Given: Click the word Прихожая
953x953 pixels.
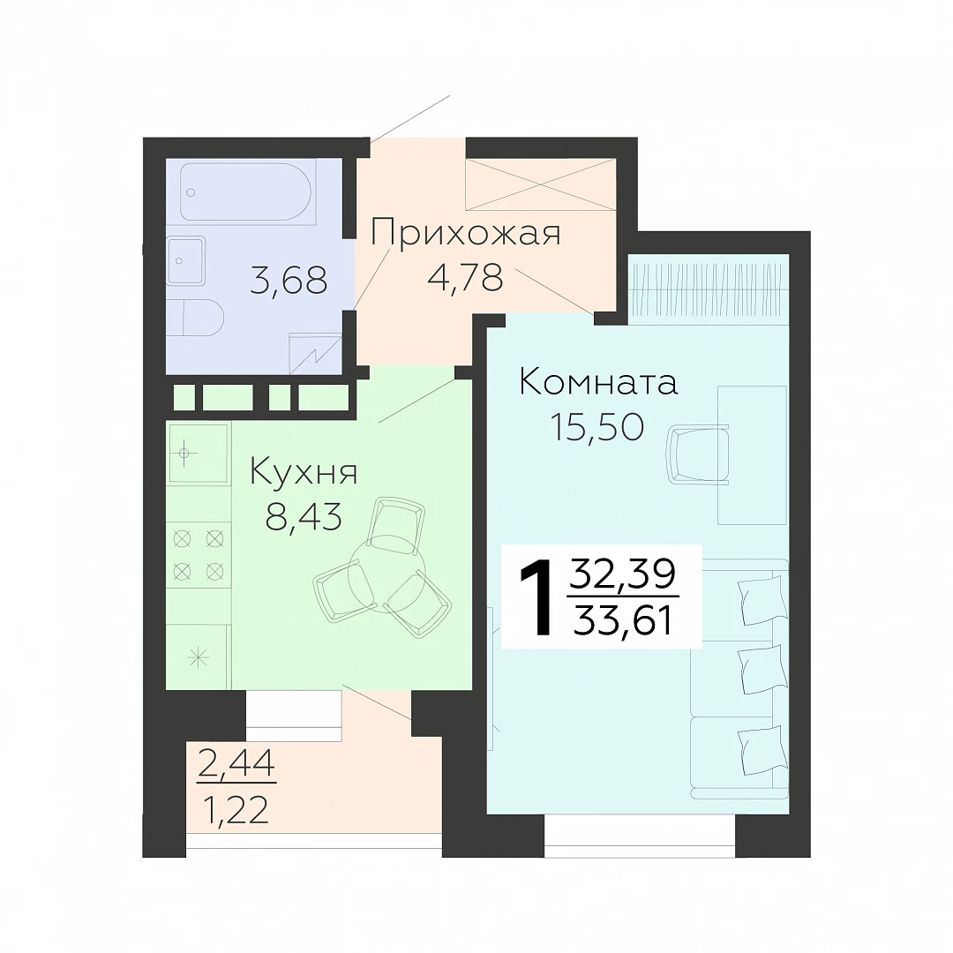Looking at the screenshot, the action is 466,233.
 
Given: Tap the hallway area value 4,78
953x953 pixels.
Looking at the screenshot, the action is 465,278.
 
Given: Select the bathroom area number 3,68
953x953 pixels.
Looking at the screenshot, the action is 289,281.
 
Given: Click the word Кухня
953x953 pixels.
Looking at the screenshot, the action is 304,472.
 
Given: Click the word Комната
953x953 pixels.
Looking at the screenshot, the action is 598,383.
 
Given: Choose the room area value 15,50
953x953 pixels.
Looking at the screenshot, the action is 597,427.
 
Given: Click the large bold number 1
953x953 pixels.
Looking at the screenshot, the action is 537,598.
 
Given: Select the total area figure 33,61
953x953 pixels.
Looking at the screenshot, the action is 623,622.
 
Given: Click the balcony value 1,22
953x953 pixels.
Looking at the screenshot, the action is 236,810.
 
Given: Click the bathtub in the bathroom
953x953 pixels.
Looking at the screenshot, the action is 247,191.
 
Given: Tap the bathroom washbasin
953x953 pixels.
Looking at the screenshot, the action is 186,260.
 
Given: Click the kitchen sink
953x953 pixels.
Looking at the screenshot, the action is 199,453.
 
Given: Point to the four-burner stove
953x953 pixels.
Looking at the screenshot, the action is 199,554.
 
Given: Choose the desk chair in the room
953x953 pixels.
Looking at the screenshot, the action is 698,455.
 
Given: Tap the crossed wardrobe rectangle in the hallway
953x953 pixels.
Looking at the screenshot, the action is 541,184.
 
